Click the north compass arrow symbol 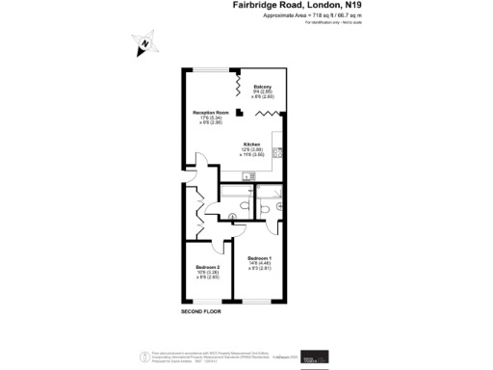tap(142, 43)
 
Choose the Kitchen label tap(252, 145)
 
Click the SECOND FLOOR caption tap(200, 312)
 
